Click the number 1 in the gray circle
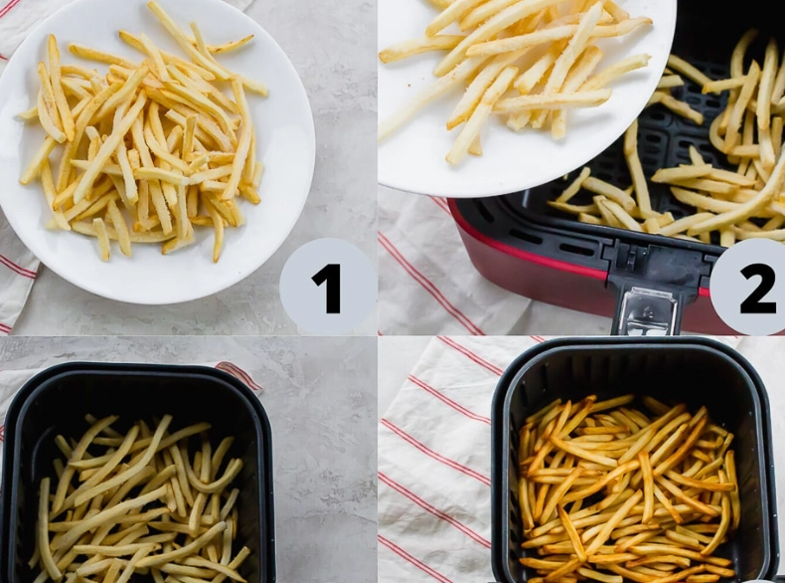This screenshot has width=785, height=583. [327, 288]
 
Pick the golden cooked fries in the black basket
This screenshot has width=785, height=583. [626, 487]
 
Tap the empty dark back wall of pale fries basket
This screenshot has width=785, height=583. [139, 398]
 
